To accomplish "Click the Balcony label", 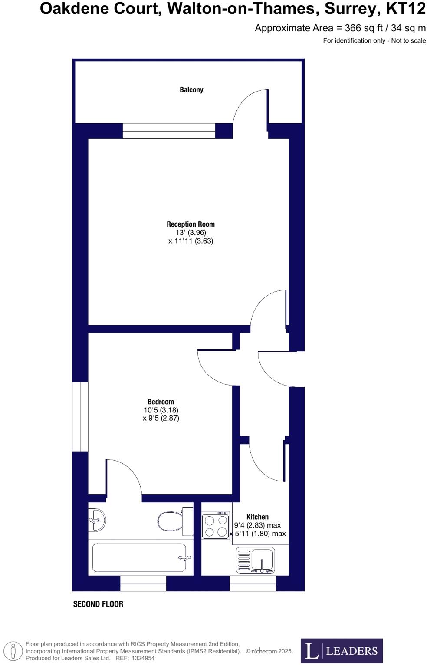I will point(191,90).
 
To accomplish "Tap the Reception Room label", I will point(191,224).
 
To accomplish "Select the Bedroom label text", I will point(161,402).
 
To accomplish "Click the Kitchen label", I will point(257,517).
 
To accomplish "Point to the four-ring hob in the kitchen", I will point(216,525).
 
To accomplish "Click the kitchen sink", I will point(256,560).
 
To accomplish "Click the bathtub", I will point(140,558).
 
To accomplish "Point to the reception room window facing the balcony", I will point(169,131).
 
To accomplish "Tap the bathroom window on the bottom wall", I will point(143,584).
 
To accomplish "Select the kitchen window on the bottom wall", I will point(253,584).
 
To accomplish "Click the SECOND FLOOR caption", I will point(98,604).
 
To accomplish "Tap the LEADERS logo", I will point(342,650).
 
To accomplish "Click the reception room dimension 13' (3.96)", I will point(191,232).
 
